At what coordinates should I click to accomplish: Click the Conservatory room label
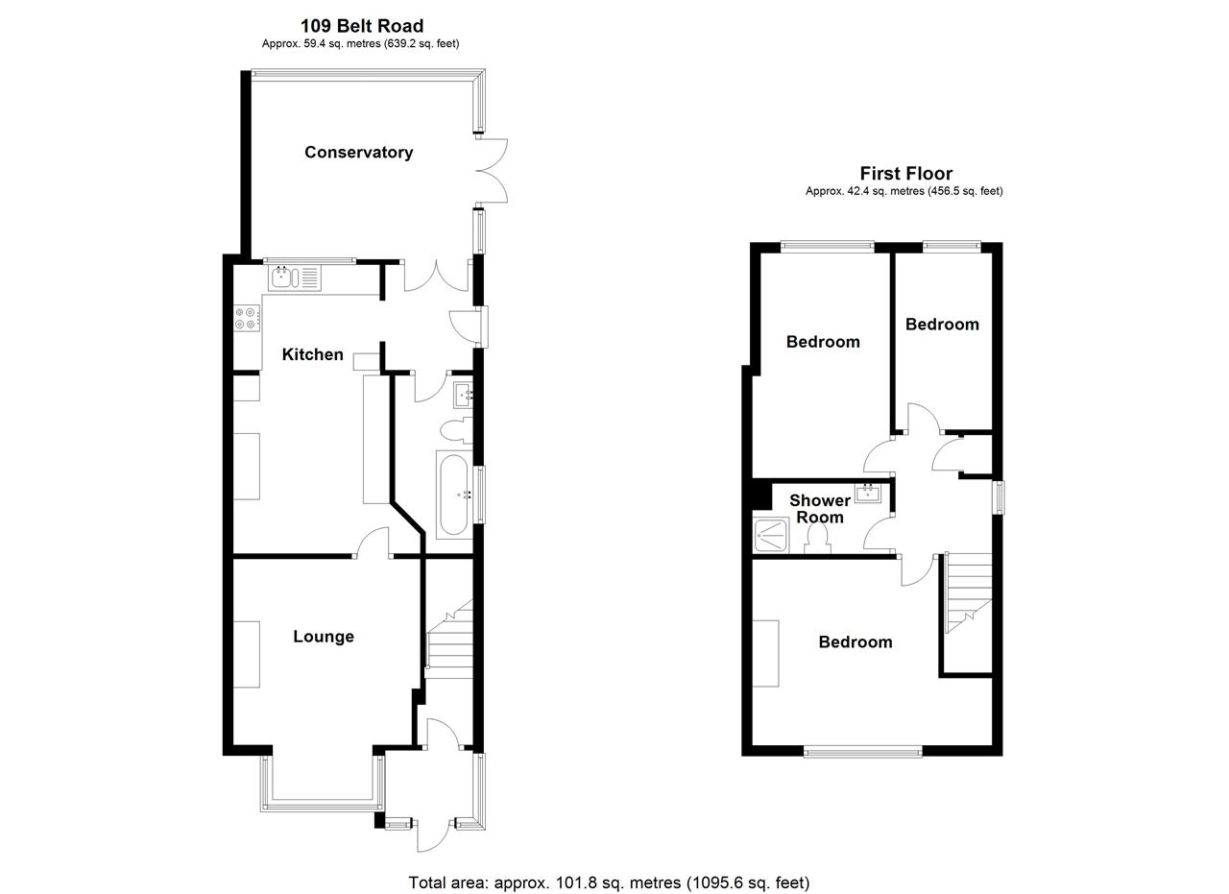358,152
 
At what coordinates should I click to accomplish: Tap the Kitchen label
312,354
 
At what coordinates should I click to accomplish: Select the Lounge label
323,637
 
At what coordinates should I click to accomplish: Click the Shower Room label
819,509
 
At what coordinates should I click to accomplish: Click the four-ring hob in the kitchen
247,318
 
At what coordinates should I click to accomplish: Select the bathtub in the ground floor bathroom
453,494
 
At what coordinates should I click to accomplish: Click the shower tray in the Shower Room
771,535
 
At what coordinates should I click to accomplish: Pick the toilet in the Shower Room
819,539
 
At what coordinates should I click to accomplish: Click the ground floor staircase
449,638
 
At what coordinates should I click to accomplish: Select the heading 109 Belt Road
361,26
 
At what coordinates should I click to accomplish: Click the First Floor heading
905,174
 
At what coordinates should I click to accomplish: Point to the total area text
609,882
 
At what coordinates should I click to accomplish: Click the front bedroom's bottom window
862,752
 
